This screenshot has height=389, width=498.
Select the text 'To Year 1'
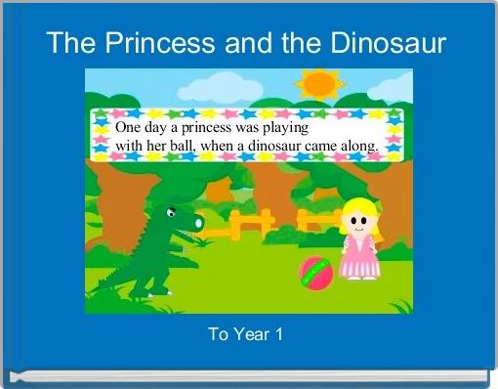pos(246,334)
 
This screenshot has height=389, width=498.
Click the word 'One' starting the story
pos(128,128)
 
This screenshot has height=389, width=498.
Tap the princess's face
pos(358,224)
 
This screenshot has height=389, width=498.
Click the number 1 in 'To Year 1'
pos(279,334)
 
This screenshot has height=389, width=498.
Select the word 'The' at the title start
pos(68,43)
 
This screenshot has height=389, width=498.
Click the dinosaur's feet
pos(156,290)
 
